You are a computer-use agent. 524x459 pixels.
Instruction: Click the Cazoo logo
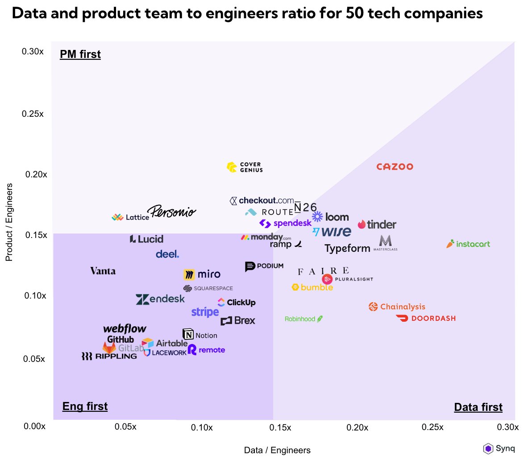coord(395,167)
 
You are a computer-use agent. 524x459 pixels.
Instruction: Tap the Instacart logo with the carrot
coord(468,244)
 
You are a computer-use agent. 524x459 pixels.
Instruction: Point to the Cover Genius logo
coord(245,167)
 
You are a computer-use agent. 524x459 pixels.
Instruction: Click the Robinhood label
coord(304,319)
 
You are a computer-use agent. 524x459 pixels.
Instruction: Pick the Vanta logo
coord(103,271)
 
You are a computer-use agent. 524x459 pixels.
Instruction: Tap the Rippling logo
coord(109,356)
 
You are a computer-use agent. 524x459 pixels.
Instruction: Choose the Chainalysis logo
coord(397,307)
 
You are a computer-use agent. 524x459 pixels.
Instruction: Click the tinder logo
coord(377,225)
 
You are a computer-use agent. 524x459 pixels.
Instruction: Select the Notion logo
coord(200,335)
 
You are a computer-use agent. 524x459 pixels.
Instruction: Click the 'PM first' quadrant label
coord(80,55)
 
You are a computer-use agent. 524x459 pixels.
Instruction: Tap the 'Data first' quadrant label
coord(478,407)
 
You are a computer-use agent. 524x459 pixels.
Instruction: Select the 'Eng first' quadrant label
coord(85,406)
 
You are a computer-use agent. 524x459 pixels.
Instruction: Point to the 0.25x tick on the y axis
coord(33,114)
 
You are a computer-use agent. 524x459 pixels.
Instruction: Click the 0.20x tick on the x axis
coord(357,428)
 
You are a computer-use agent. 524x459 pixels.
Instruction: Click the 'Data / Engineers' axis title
coord(277,450)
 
